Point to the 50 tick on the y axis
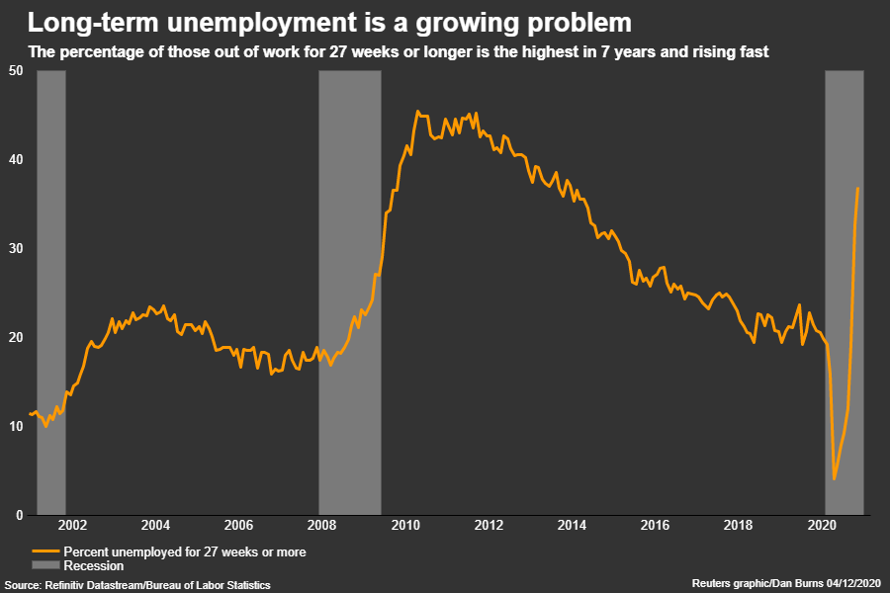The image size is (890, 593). pyautogui.click(x=17, y=69)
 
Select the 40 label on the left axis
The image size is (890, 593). pyautogui.click(x=17, y=159)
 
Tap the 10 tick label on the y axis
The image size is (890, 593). pyautogui.click(x=17, y=426)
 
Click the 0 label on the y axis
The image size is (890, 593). pyautogui.click(x=20, y=515)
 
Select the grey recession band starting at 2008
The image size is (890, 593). pyautogui.click(x=349, y=292)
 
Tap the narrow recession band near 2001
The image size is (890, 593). pyautogui.click(x=51, y=292)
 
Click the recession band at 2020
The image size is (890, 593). pyautogui.click(x=845, y=292)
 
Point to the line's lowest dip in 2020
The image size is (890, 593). pyautogui.click(x=835, y=479)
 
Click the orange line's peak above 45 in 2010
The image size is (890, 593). pyautogui.click(x=417, y=112)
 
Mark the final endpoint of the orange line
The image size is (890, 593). pyautogui.click(x=858, y=188)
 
